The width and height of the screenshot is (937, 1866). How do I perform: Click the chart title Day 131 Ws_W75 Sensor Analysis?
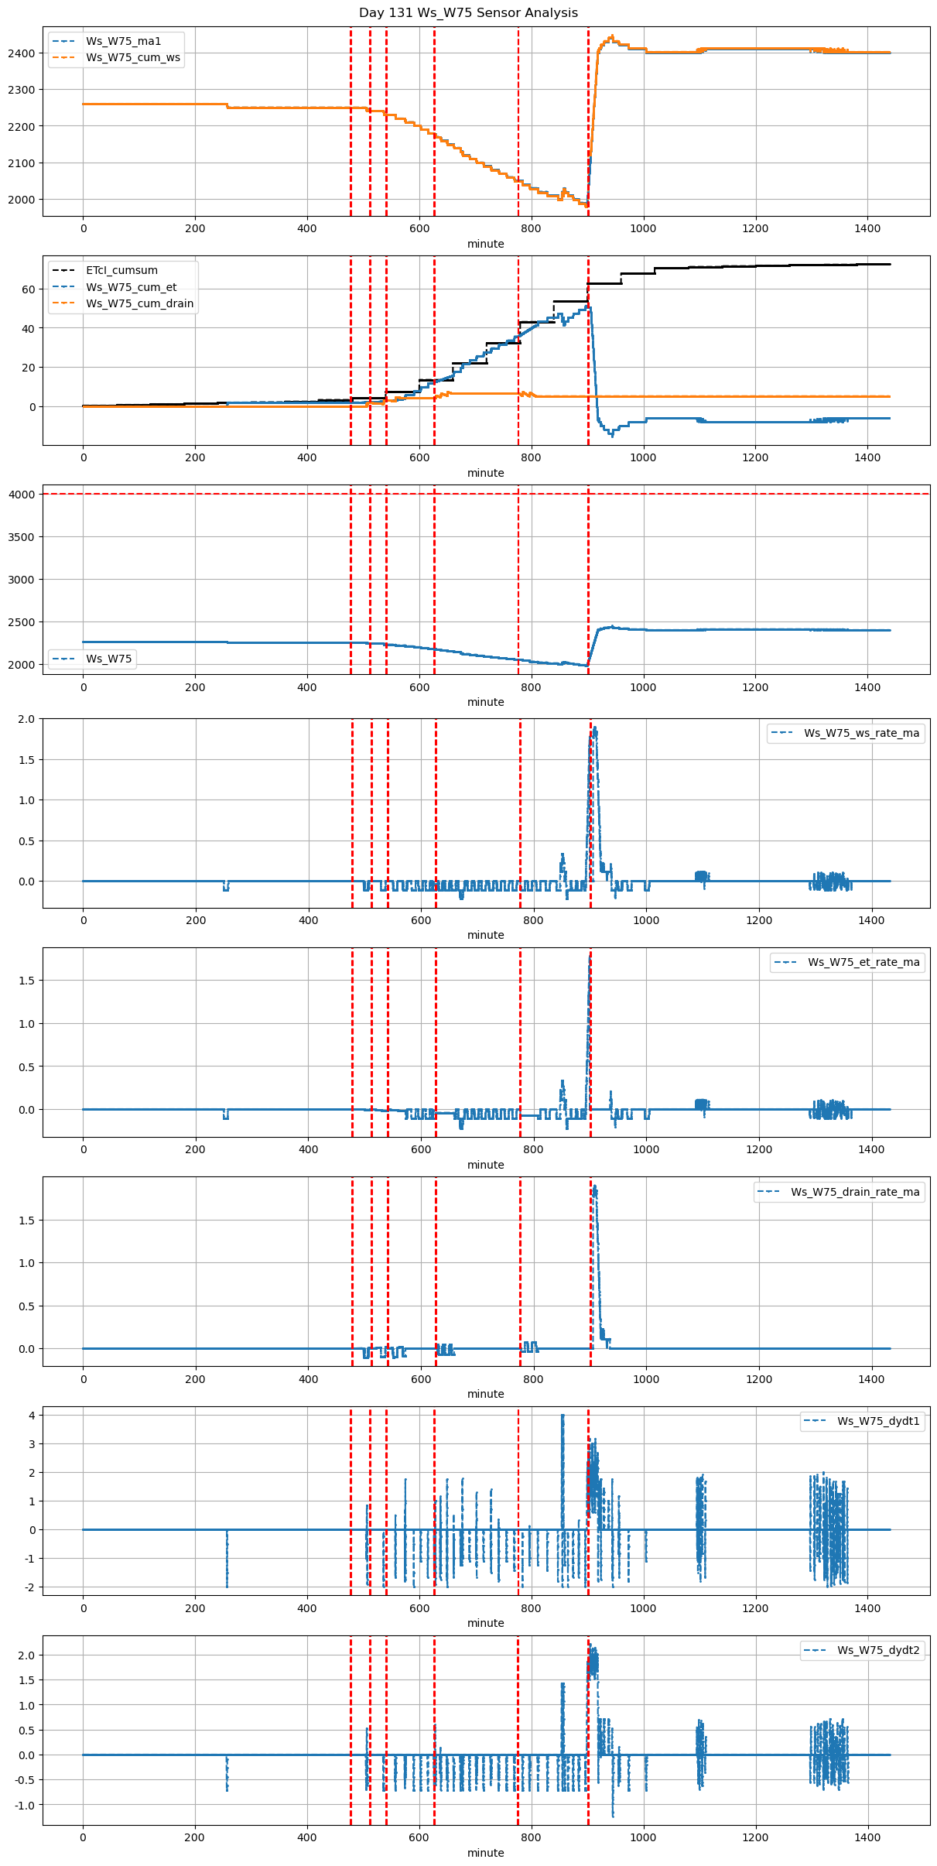click(468, 13)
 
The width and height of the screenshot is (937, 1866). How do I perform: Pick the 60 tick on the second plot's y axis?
click(29, 289)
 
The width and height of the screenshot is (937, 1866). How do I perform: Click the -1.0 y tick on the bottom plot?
click(24, 1805)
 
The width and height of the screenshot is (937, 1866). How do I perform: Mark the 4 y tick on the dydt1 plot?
click(32, 1416)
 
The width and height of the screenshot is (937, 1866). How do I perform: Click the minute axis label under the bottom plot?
click(485, 1853)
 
